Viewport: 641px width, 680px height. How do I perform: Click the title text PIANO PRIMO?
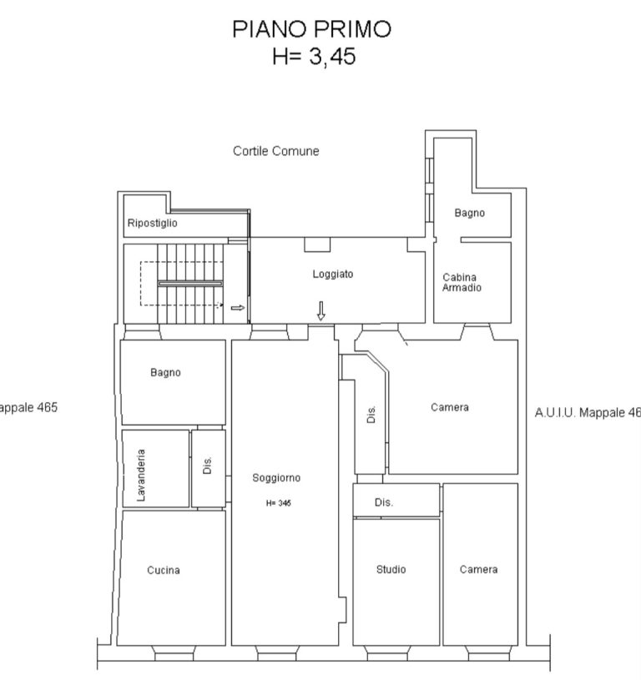click(312, 29)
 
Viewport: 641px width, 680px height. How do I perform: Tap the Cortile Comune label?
click(275, 151)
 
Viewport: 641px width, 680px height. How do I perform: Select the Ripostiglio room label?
click(152, 224)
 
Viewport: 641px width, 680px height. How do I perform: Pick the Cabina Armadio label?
click(462, 283)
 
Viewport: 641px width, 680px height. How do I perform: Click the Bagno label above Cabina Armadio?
click(469, 213)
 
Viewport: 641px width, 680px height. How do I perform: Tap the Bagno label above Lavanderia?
click(165, 373)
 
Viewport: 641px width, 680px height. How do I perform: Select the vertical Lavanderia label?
click(141, 476)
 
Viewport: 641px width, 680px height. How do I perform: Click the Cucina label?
click(164, 571)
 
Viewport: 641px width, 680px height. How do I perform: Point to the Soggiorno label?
click(276, 478)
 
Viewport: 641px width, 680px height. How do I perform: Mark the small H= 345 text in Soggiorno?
click(279, 503)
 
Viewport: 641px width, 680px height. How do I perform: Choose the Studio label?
click(391, 569)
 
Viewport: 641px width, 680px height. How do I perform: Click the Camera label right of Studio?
click(478, 569)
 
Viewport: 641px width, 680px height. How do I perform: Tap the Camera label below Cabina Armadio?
click(450, 407)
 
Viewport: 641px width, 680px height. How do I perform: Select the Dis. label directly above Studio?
click(384, 502)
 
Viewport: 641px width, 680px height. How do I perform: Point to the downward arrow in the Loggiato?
click(321, 311)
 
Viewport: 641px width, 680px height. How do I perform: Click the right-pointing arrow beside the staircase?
click(237, 308)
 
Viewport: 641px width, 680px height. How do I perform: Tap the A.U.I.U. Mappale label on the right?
click(587, 412)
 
